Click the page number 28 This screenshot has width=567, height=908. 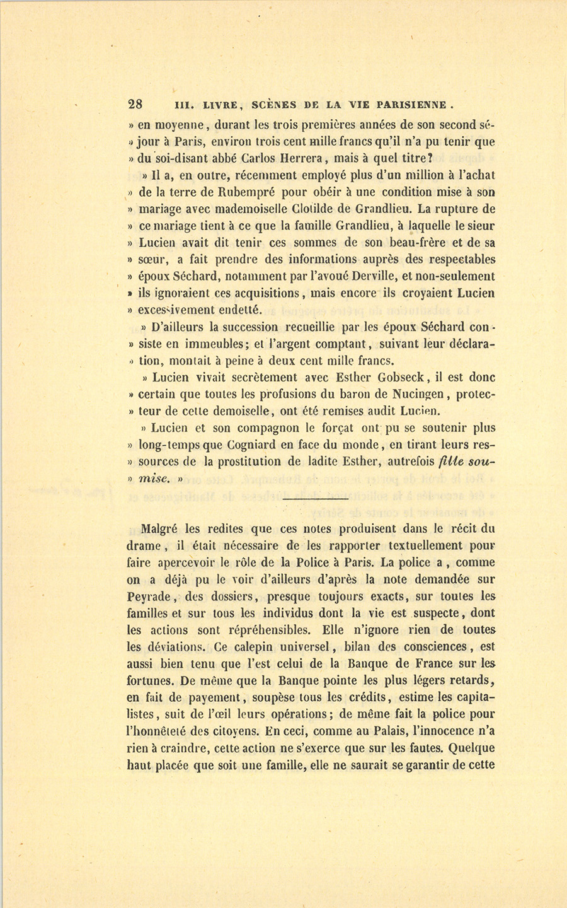click(x=136, y=105)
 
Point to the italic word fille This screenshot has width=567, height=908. click(x=452, y=462)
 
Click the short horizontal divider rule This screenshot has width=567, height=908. click(x=316, y=499)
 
